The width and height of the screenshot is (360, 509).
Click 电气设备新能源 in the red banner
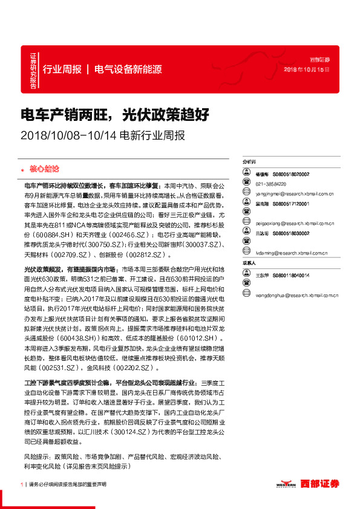[128, 69]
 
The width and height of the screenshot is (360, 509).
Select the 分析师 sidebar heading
[249, 163]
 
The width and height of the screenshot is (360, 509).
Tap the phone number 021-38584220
[272, 183]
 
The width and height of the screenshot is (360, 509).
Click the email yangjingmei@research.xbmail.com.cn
[292, 193]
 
